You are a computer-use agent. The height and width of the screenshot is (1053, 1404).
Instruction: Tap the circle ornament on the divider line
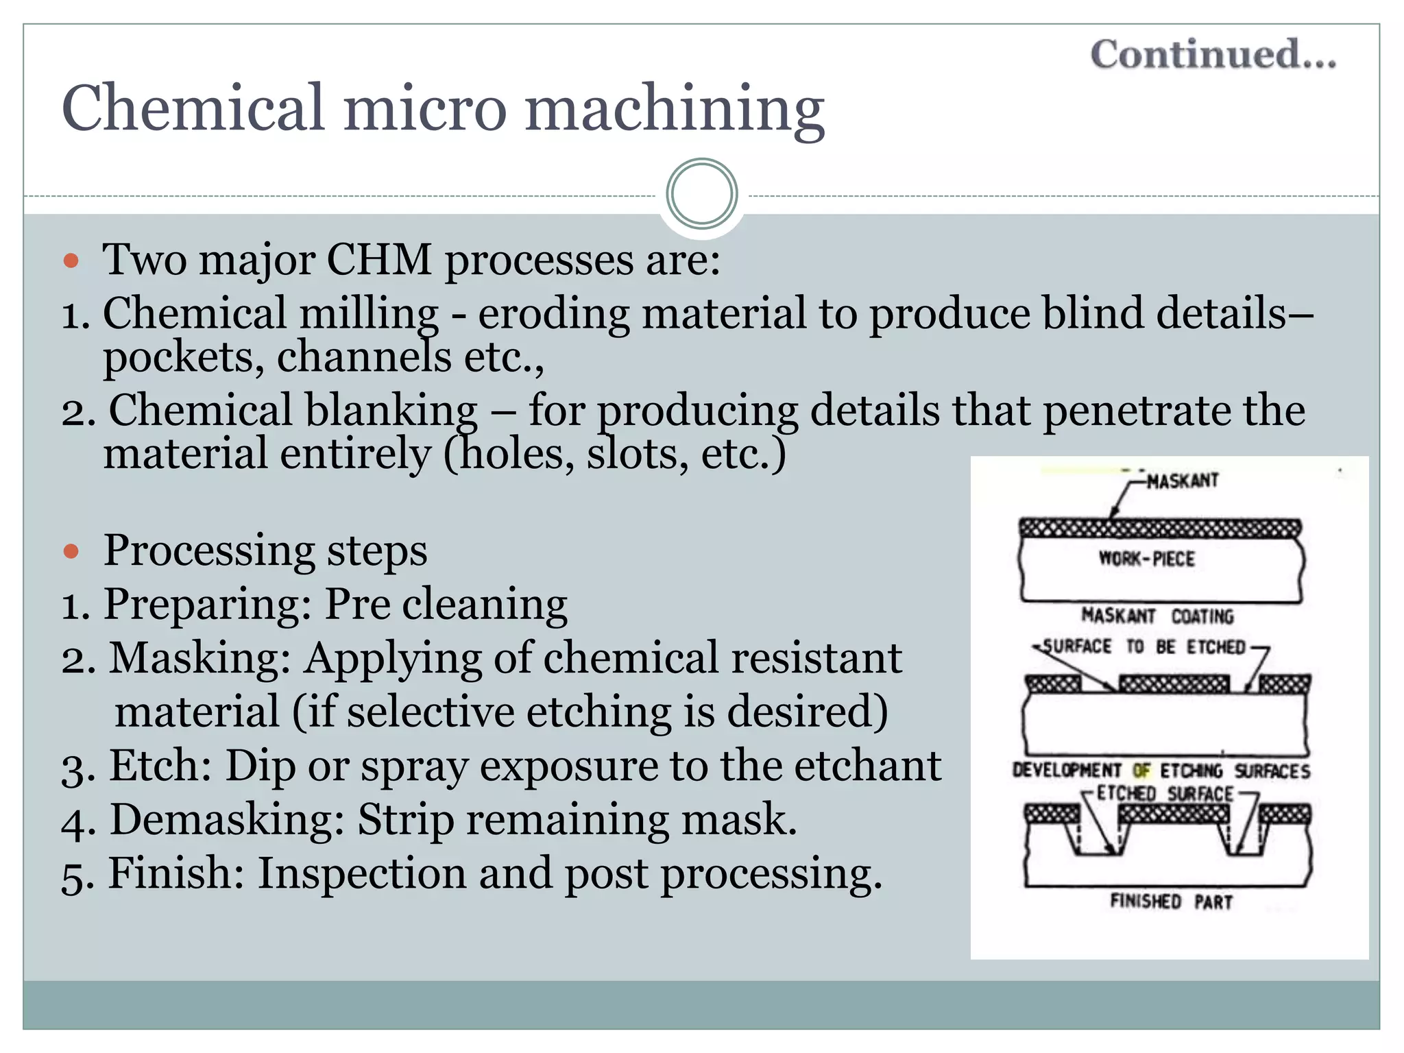[701, 194]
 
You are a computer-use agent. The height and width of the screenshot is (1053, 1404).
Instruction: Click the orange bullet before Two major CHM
[71, 261]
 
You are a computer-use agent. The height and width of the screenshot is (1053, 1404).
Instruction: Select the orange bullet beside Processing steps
[71, 551]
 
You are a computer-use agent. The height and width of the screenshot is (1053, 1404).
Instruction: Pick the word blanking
[391, 411]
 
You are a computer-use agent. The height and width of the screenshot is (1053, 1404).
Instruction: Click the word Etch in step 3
[160, 765]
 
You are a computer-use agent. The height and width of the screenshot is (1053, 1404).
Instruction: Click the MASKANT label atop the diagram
[1183, 481]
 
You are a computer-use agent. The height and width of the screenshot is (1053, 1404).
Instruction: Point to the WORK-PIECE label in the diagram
[1146, 559]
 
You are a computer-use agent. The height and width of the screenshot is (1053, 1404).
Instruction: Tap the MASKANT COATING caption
[1157, 616]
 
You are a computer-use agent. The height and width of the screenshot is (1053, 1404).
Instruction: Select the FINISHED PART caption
[1171, 901]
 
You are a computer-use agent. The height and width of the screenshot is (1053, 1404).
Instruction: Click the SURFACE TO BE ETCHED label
[1143, 646]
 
